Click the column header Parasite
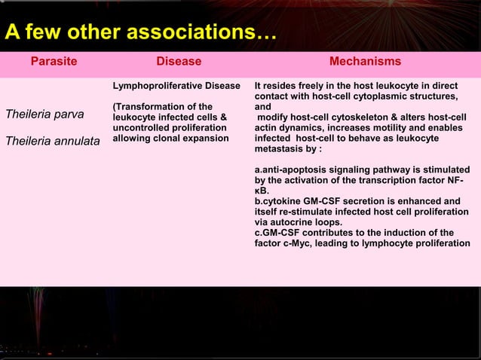54,62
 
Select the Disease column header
178,62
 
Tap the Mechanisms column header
365,62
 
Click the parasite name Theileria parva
44,114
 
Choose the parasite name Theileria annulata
52,139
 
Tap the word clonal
164,139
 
